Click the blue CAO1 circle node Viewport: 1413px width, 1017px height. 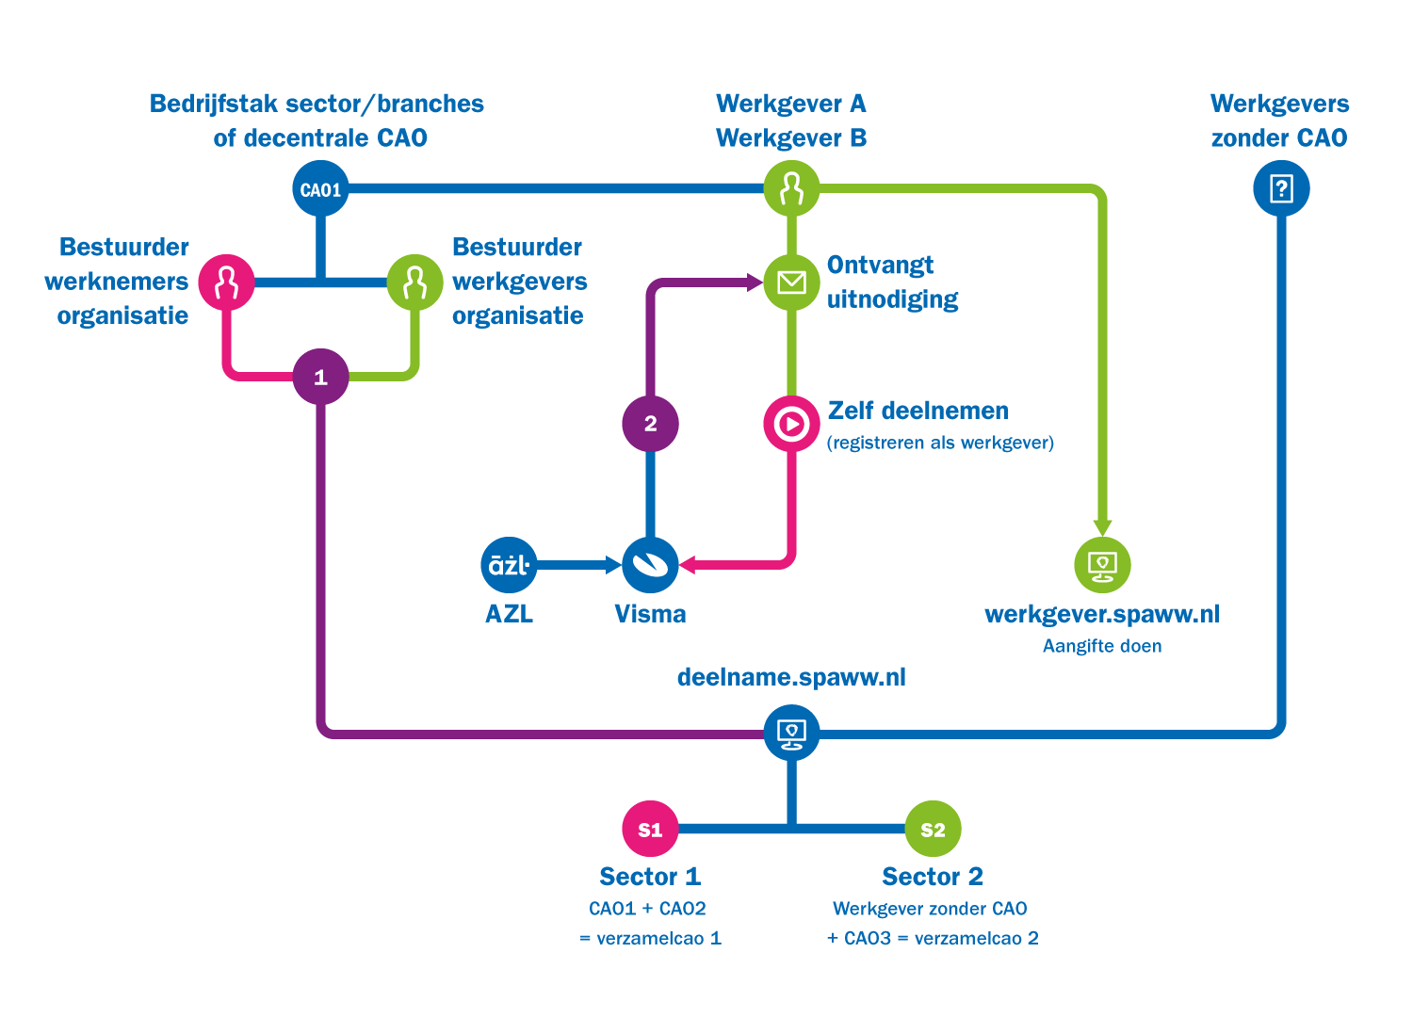tap(320, 189)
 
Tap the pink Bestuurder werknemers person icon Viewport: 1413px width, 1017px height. tap(226, 282)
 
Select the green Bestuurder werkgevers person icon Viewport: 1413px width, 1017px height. tap(414, 282)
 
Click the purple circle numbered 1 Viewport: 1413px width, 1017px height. tap(320, 377)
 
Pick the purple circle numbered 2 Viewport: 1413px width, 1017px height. tap(650, 424)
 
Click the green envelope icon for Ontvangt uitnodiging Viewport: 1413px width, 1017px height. tap(791, 282)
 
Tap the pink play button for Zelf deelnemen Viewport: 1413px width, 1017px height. tap(791, 424)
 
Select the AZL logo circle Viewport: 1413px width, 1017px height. tap(509, 565)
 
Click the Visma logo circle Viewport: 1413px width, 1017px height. tap(650, 565)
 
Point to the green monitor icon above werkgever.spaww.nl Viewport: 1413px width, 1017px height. tap(1102, 565)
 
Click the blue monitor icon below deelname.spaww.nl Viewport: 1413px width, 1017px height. tap(791, 733)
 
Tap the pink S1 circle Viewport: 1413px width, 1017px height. tap(650, 829)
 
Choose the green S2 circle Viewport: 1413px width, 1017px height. tap(933, 829)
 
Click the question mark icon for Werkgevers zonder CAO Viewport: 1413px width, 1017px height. tap(1281, 189)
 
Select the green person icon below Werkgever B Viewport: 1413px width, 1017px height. tap(791, 189)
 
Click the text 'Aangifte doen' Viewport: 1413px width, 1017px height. tap(1102, 646)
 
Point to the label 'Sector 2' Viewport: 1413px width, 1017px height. tap(933, 877)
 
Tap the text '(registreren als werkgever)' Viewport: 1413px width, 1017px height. tap(940, 443)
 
